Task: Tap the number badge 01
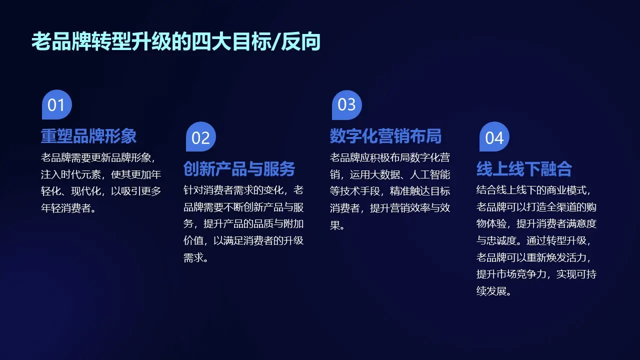56,105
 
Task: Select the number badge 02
200,137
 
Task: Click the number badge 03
346,105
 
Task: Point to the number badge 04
494,137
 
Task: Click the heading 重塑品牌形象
88,136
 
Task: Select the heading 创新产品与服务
239,168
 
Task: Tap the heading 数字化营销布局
385,136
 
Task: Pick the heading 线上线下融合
524,168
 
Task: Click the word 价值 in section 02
193,240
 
